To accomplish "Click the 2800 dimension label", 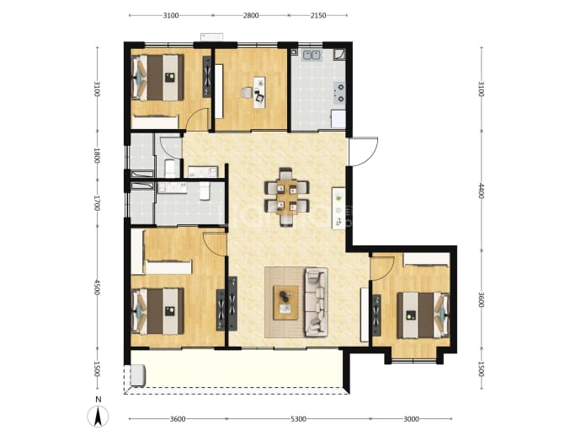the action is tap(251, 15).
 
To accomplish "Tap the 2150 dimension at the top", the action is tap(318, 15).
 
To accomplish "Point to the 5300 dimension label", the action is tap(298, 419).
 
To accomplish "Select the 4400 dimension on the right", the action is tap(481, 191).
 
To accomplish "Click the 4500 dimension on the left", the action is tap(97, 288).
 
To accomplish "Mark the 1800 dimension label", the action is tap(97, 156).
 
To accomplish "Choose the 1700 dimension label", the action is tap(97, 204).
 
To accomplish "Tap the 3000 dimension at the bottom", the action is tap(411, 419).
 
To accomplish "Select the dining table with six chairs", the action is tap(287, 196).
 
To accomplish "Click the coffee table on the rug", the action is tap(285, 303).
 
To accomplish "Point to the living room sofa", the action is tap(316, 303).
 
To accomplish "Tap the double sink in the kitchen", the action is tap(312, 56).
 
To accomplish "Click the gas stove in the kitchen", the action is tap(340, 93).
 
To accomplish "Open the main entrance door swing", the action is tap(364, 152).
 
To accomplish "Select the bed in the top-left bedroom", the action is tap(158, 78).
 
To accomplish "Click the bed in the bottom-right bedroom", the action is tap(424, 315).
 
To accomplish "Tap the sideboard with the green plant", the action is tap(338, 208).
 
